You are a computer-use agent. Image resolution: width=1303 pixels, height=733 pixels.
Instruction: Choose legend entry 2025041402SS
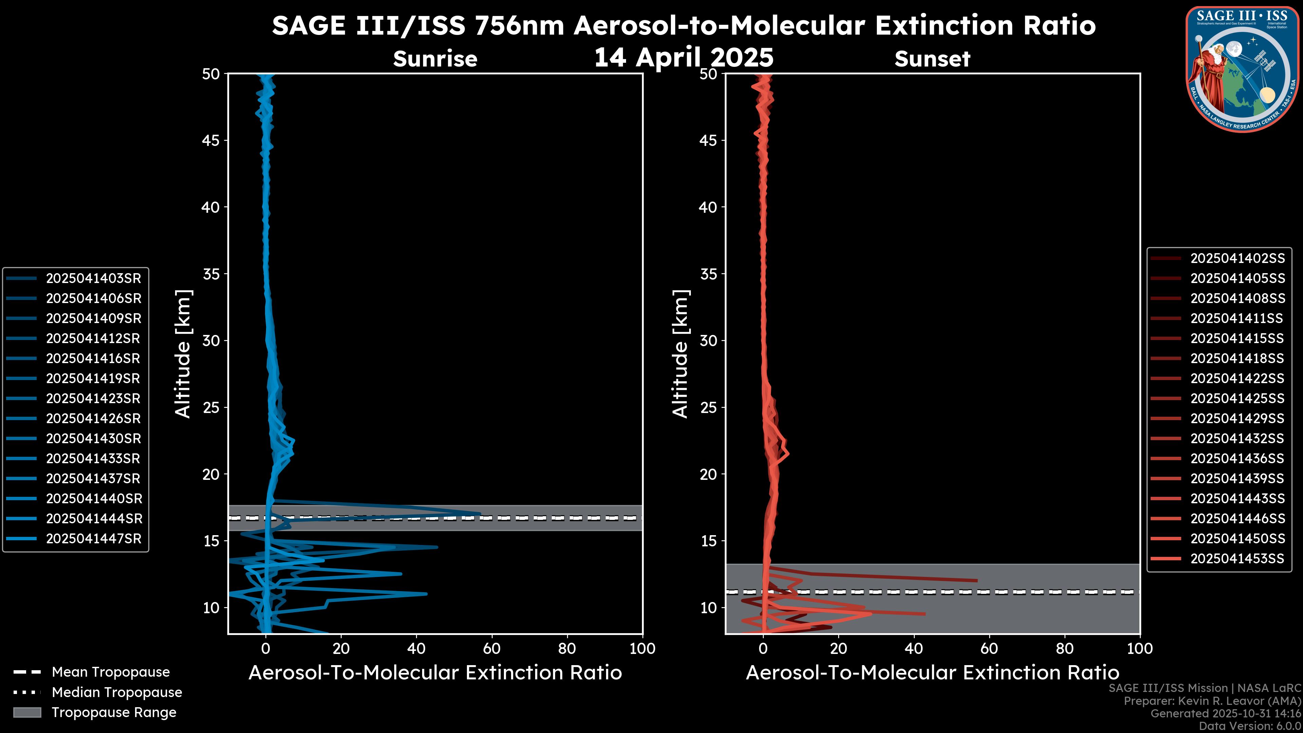tap(1237, 259)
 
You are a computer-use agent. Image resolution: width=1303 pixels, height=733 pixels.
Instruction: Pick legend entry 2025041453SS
tap(1237, 559)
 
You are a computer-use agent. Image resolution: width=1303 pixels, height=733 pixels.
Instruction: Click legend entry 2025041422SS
tap(1237, 378)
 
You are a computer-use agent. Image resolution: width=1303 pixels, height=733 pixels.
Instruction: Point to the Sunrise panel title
tap(435, 59)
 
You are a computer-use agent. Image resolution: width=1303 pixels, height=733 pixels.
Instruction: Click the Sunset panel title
tap(932, 59)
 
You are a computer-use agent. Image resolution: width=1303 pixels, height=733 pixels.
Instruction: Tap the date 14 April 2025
tap(684, 57)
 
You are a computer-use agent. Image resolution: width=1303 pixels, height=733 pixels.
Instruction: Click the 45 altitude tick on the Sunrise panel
tap(211, 140)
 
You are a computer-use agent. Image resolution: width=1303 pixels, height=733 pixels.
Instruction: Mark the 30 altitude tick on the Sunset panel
tap(708, 340)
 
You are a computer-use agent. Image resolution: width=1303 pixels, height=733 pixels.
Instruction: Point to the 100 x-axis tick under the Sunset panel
tap(1140, 649)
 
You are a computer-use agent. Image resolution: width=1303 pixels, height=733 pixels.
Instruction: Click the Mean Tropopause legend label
tap(111, 672)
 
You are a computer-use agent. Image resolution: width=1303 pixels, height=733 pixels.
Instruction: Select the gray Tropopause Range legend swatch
tap(27, 712)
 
